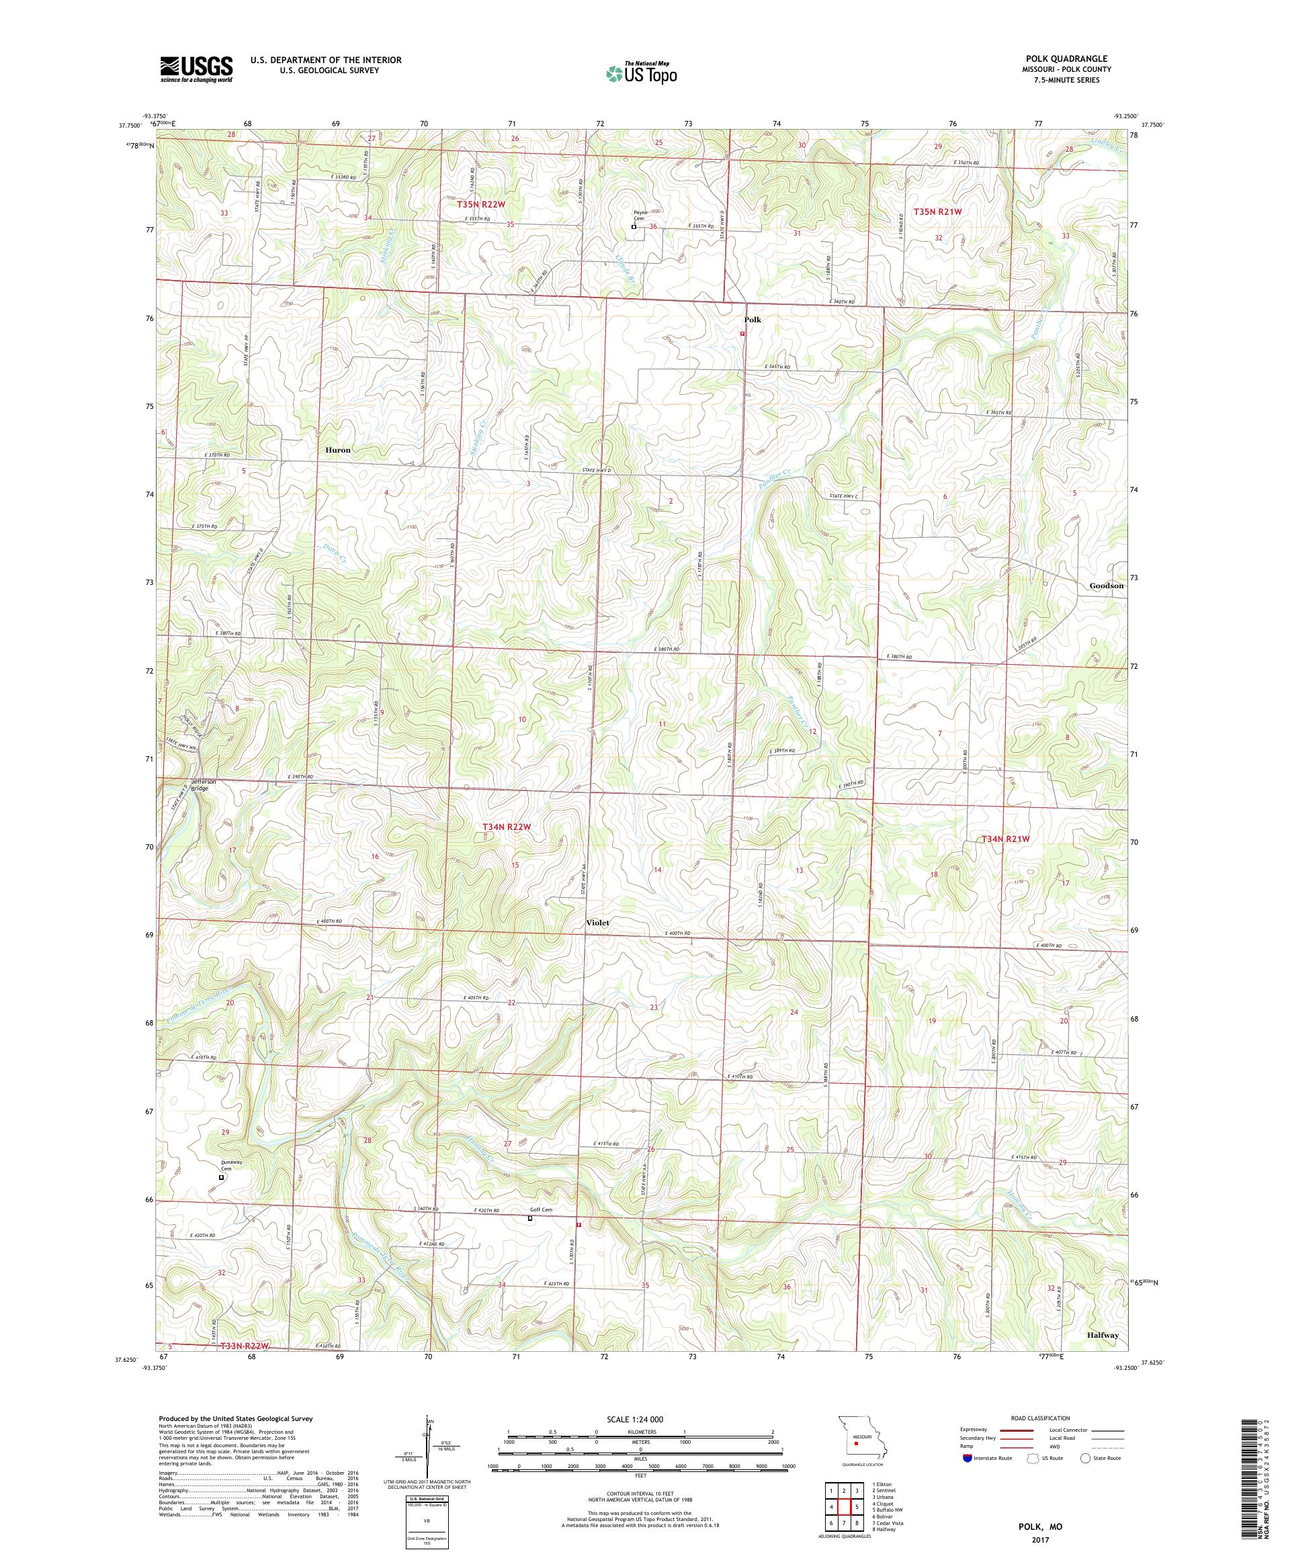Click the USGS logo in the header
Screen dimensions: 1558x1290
(196, 69)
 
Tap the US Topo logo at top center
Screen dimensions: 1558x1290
(641, 73)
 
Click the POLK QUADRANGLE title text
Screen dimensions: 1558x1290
(1073, 58)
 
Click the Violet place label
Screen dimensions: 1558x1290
(596, 923)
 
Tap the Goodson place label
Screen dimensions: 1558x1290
(1106, 586)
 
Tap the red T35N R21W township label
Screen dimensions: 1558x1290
(937, 212)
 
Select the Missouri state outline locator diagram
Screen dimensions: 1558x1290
(855, 1440)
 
